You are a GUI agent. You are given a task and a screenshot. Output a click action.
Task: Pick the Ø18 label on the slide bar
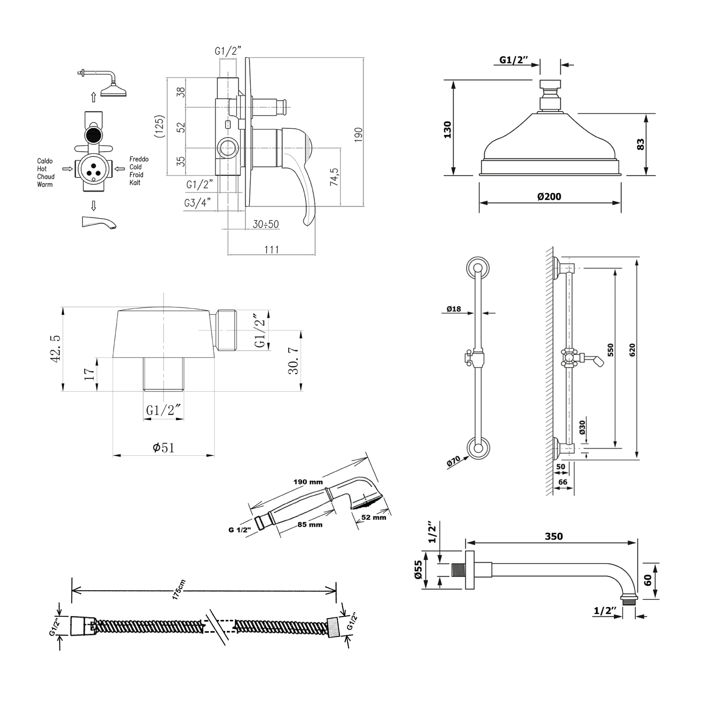[x=454, y=309]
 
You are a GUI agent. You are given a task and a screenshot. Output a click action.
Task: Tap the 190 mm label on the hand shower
[x=308, y=482]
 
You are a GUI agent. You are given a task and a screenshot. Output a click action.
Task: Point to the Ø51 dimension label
[x=163, y=448]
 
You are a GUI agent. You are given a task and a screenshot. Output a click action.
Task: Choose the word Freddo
[x=139, y=159]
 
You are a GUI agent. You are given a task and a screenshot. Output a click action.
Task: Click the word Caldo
[x=45, y=161]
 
